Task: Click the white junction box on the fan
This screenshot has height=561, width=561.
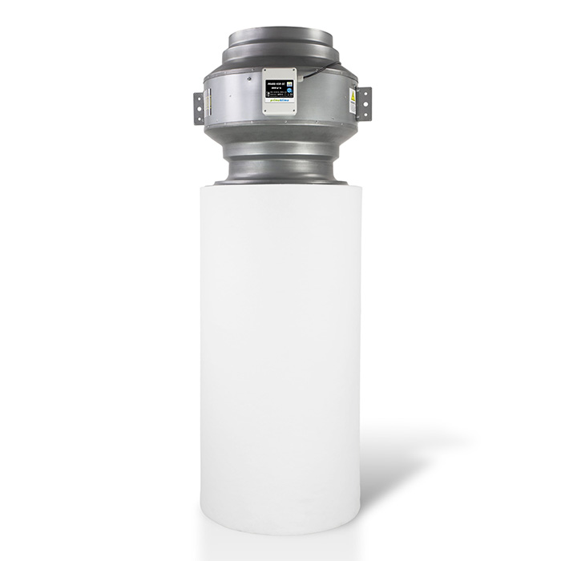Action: point(280,91)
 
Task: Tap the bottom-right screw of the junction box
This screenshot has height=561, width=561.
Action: point(293,110)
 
